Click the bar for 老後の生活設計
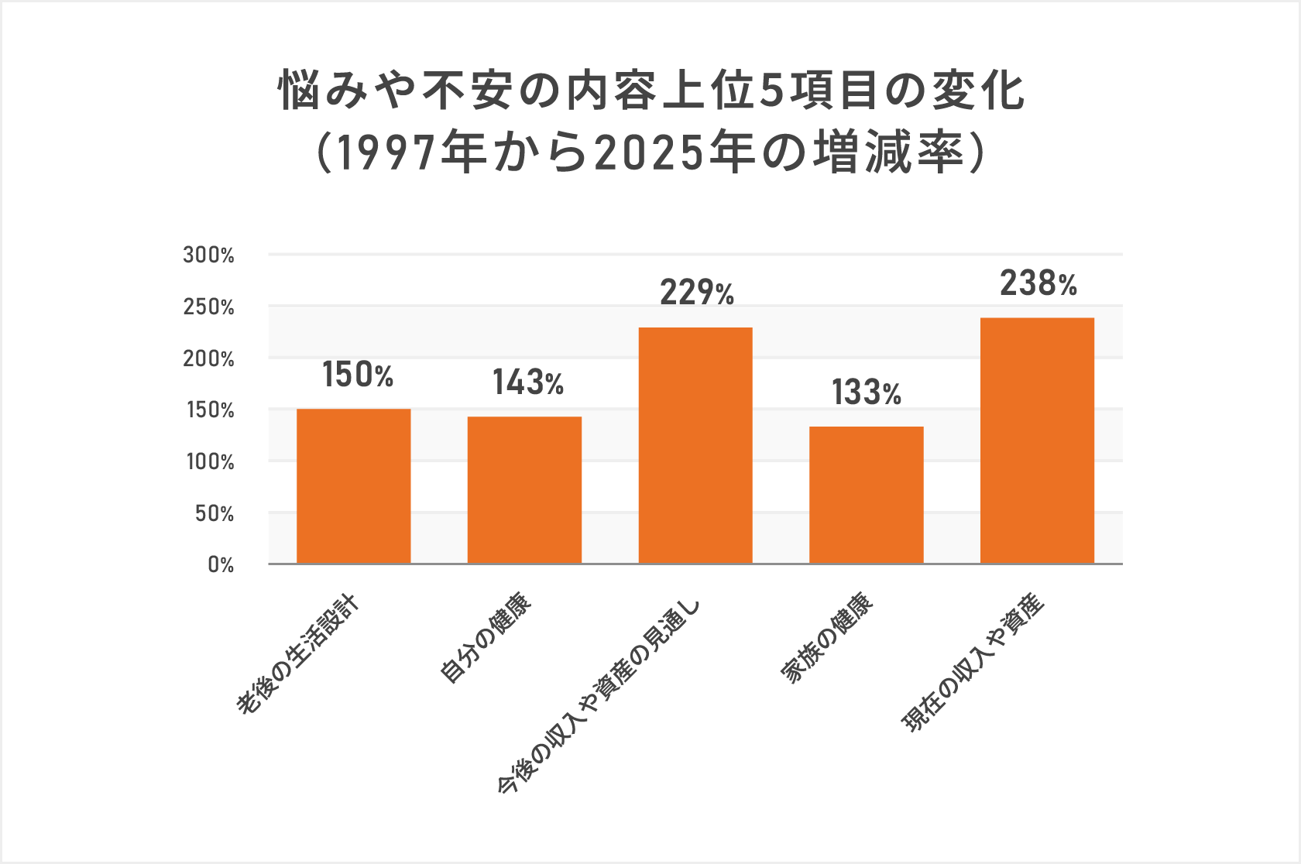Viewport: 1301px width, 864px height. tap(354, 486)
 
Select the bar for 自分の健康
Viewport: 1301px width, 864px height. tap(524, 490)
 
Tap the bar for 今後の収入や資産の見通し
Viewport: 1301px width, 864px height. tap(695, 445)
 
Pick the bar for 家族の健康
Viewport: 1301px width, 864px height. tap(867, 495)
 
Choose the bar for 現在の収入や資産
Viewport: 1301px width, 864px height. tap(1037, 441)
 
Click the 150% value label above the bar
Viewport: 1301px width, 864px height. tap(358, 375)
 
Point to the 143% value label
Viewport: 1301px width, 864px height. tap(528, 383)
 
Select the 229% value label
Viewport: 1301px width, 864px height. tap(697, 293)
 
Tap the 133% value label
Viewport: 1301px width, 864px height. tap(867, 393)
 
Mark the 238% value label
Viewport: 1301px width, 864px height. tap(1038, 284)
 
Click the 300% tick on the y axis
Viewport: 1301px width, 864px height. tap(208, 255)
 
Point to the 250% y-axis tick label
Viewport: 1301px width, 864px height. tap(208, 307)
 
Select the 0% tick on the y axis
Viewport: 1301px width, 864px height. tap(221, 565)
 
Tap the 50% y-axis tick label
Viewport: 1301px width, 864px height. tap(215, 514)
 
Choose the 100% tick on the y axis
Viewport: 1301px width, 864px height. tap(210, 462)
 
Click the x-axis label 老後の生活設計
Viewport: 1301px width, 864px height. tap(298, 655)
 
